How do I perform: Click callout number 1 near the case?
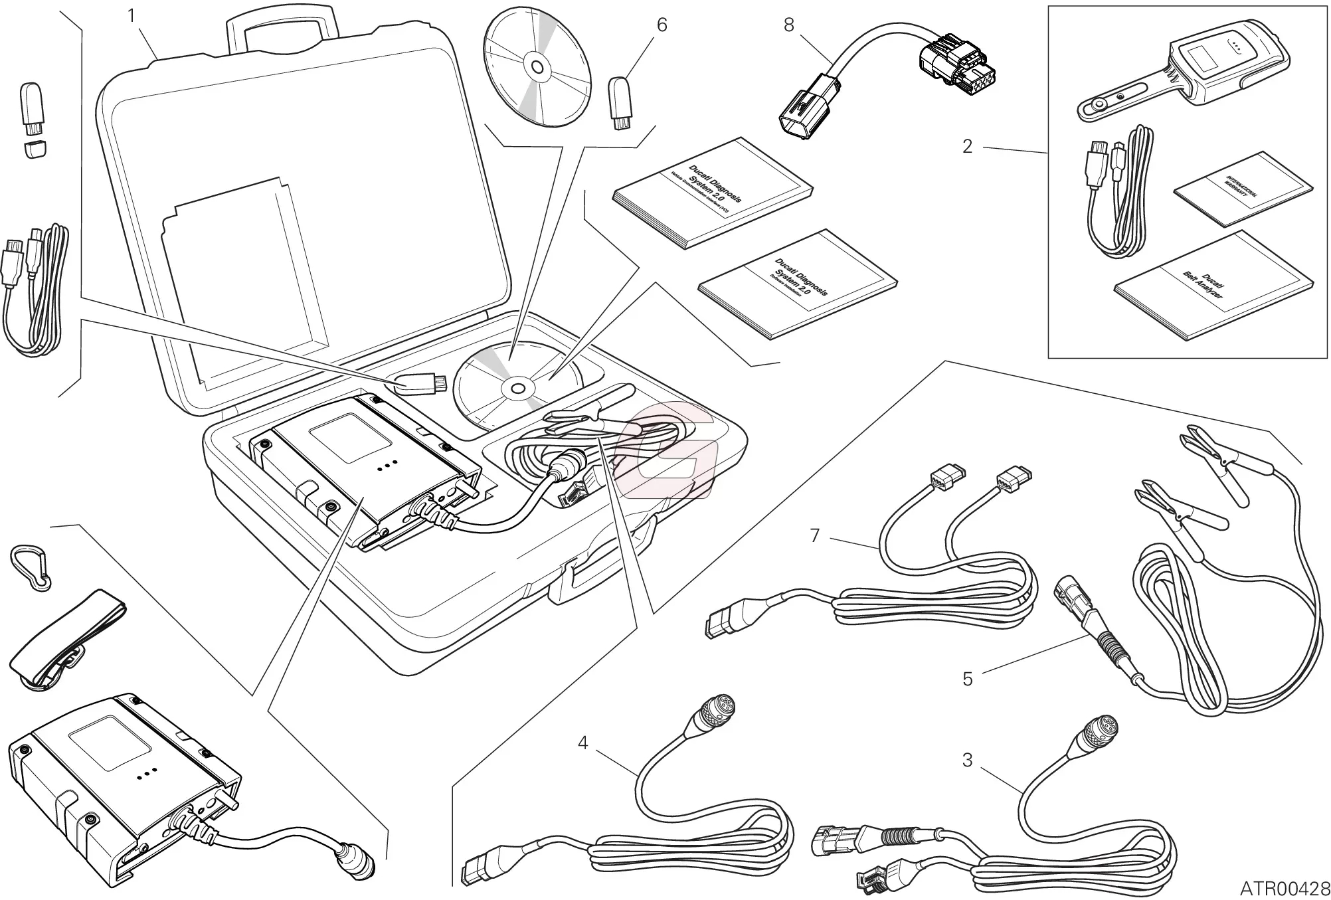tap(132, 16)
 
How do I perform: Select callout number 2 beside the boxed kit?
tap(967, 146)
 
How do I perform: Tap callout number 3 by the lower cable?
tap(968, 760)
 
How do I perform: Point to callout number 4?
tap(582, 743)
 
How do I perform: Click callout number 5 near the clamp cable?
tap(968, 679)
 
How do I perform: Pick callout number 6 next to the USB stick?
tap(662, 25)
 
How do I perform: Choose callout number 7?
tap(816, 535)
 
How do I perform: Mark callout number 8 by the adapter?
tap(788, 25)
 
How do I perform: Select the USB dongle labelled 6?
tap(620, 103)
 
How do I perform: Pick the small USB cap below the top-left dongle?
tap(35, 148)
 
